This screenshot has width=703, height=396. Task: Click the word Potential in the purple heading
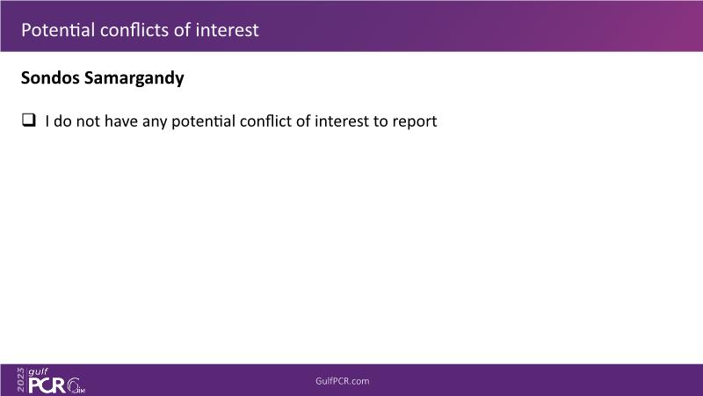(x=58, y=30)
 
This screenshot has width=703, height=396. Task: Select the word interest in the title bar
(x=227, y=30)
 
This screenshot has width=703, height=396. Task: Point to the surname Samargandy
(x=134, y=78)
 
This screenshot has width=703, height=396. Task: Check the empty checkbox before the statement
(x=29, y=120)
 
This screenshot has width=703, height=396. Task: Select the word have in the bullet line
(x=121, y=121)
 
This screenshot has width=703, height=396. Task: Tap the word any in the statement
(x=155, y=122)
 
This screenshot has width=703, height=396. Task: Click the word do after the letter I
(x=62, y=121)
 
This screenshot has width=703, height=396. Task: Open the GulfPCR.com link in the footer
(x=343, y=381)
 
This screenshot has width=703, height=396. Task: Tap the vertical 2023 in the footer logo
(x=21, y=380)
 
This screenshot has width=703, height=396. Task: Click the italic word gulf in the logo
(x=38, y=371)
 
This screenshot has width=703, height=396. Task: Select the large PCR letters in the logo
(x=47, y=385)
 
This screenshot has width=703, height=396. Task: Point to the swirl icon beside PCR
(x=75, y=385)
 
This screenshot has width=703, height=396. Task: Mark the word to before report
(x=380, y=121)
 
